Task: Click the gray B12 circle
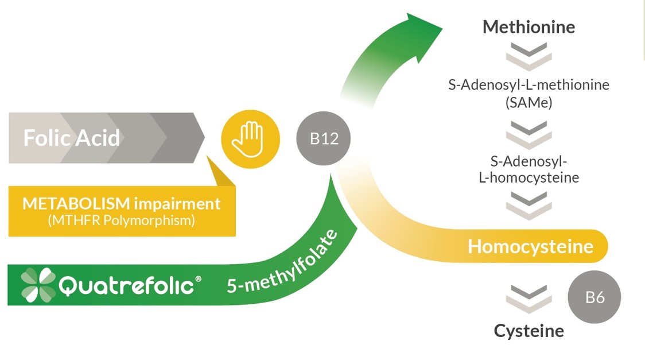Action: [x=324, y=139]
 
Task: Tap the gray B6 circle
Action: [x=595, y=297]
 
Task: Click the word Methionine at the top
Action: [x=529, y=27]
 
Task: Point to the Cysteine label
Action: [x=529, y=331]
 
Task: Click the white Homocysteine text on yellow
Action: [x=530, y=246]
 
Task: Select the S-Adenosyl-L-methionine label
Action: [x=529, y=85]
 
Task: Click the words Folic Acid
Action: [x=72, y=138]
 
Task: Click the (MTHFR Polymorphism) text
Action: [x=121, y=220]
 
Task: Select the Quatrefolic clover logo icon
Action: [x=38, y=285]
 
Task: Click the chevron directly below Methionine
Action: [x=529, y=56]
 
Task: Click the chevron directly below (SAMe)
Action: [x=529, y=134]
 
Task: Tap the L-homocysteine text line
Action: [x=529, y=177]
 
